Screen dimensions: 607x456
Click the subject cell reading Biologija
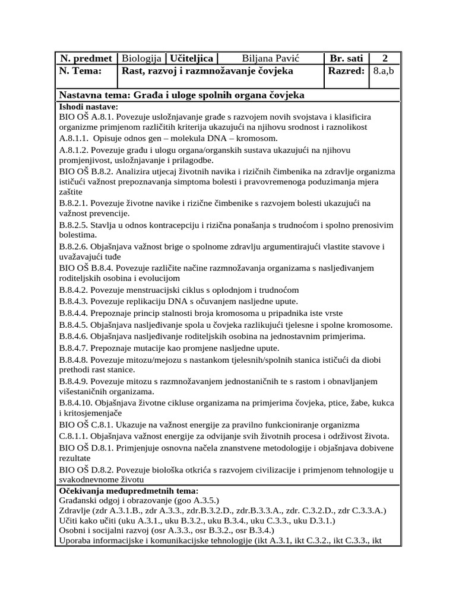click(x=142, y=58)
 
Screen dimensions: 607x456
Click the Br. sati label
click(x=346, y=58)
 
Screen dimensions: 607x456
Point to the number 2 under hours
click(x=385, y=58)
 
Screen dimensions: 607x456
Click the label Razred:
click(x=346, y=71)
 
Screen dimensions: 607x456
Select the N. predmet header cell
click(x=85, y=58)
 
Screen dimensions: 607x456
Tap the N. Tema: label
click(x=80, y=71)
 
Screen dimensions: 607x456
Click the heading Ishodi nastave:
click(x=88, y=106)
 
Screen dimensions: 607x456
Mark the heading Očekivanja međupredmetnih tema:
click(x=129, y=491)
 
